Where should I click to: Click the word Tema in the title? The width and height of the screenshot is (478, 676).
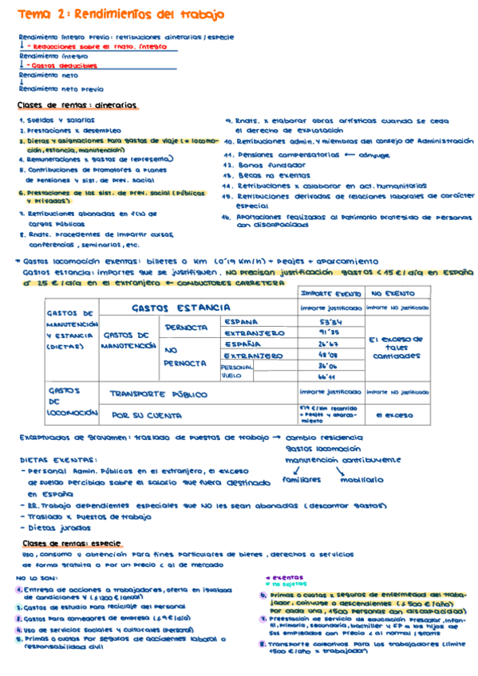point(33,14)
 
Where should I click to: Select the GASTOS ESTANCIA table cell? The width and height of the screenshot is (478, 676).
point(181,307)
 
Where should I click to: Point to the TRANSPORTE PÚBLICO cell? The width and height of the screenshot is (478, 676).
point(159,394)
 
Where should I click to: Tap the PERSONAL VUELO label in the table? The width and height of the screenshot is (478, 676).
point(236,371)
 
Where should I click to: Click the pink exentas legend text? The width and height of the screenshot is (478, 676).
point(276,576)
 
